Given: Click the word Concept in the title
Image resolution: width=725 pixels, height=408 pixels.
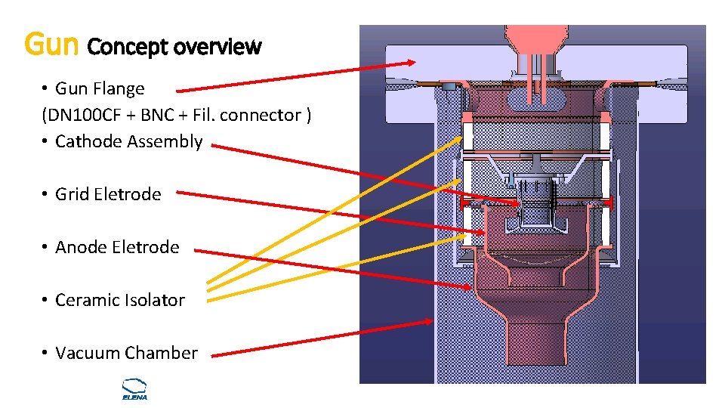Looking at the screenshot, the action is coord(128,47).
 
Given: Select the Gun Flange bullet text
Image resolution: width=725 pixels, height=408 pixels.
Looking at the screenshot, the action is coord(100,88).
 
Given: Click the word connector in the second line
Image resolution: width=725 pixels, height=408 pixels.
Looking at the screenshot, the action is coord(264,115).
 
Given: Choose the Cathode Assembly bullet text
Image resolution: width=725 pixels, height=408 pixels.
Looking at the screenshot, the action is coord(128,141).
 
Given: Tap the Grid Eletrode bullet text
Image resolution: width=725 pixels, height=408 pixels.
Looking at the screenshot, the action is coord(108,194).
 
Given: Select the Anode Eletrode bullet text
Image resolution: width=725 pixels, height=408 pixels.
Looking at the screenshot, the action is coord(117,247).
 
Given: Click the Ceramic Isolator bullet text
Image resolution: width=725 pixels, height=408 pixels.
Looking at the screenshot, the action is coord(120,300).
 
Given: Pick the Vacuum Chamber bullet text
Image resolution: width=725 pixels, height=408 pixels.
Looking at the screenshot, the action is coord(126,353).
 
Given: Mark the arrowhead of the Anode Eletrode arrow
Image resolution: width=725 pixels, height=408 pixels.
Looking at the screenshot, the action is coord(470,287).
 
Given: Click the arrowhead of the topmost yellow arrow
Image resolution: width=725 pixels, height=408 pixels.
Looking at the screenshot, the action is coord(460,139).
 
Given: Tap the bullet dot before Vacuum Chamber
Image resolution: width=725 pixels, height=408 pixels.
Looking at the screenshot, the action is coord(46,353).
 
